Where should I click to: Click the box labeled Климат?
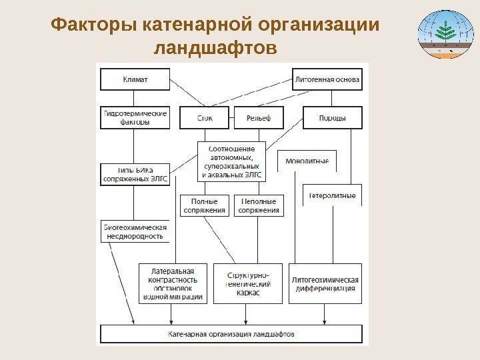tap(135, 79)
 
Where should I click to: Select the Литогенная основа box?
tap(327, 79)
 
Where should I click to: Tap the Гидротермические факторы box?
tap(135, 117)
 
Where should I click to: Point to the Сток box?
tap(205, 118)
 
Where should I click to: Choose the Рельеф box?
tap(258, 118)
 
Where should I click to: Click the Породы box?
tap(333, 118)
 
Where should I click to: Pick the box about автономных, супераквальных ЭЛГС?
tap(231, 161)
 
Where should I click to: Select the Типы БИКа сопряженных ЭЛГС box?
tap(135, 175)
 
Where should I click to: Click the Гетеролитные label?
tap(332, 195)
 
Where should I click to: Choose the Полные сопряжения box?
tap(204, 205)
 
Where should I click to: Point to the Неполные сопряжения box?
tap(259, 205)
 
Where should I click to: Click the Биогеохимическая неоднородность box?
tap(134, 231)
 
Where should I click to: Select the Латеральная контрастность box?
tap(173, 284)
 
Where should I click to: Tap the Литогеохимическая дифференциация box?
tap(325, 284)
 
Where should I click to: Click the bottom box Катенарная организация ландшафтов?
tap(231, 334)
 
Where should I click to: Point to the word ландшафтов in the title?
tap(215, 49)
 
